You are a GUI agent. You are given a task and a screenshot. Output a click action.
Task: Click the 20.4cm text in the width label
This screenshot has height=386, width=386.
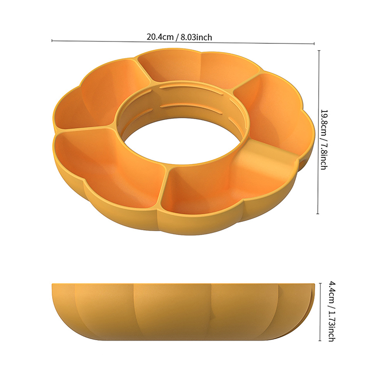click(x=160, y=37)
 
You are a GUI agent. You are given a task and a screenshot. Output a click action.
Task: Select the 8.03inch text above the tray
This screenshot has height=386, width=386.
click(x=196, y=38)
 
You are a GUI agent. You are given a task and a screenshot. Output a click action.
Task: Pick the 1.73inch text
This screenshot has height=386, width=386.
click(x=331, y=327)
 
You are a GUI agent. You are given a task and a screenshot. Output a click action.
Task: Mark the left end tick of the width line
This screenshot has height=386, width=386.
click(x=52, y=41)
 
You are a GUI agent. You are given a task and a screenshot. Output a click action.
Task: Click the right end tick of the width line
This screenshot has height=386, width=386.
click(x=314, y=44)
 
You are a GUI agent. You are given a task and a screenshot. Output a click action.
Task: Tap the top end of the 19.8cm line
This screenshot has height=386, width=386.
click(x=319, y=51)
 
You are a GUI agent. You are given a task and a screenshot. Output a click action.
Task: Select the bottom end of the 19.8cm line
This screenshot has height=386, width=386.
click(x=318, y=214)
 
